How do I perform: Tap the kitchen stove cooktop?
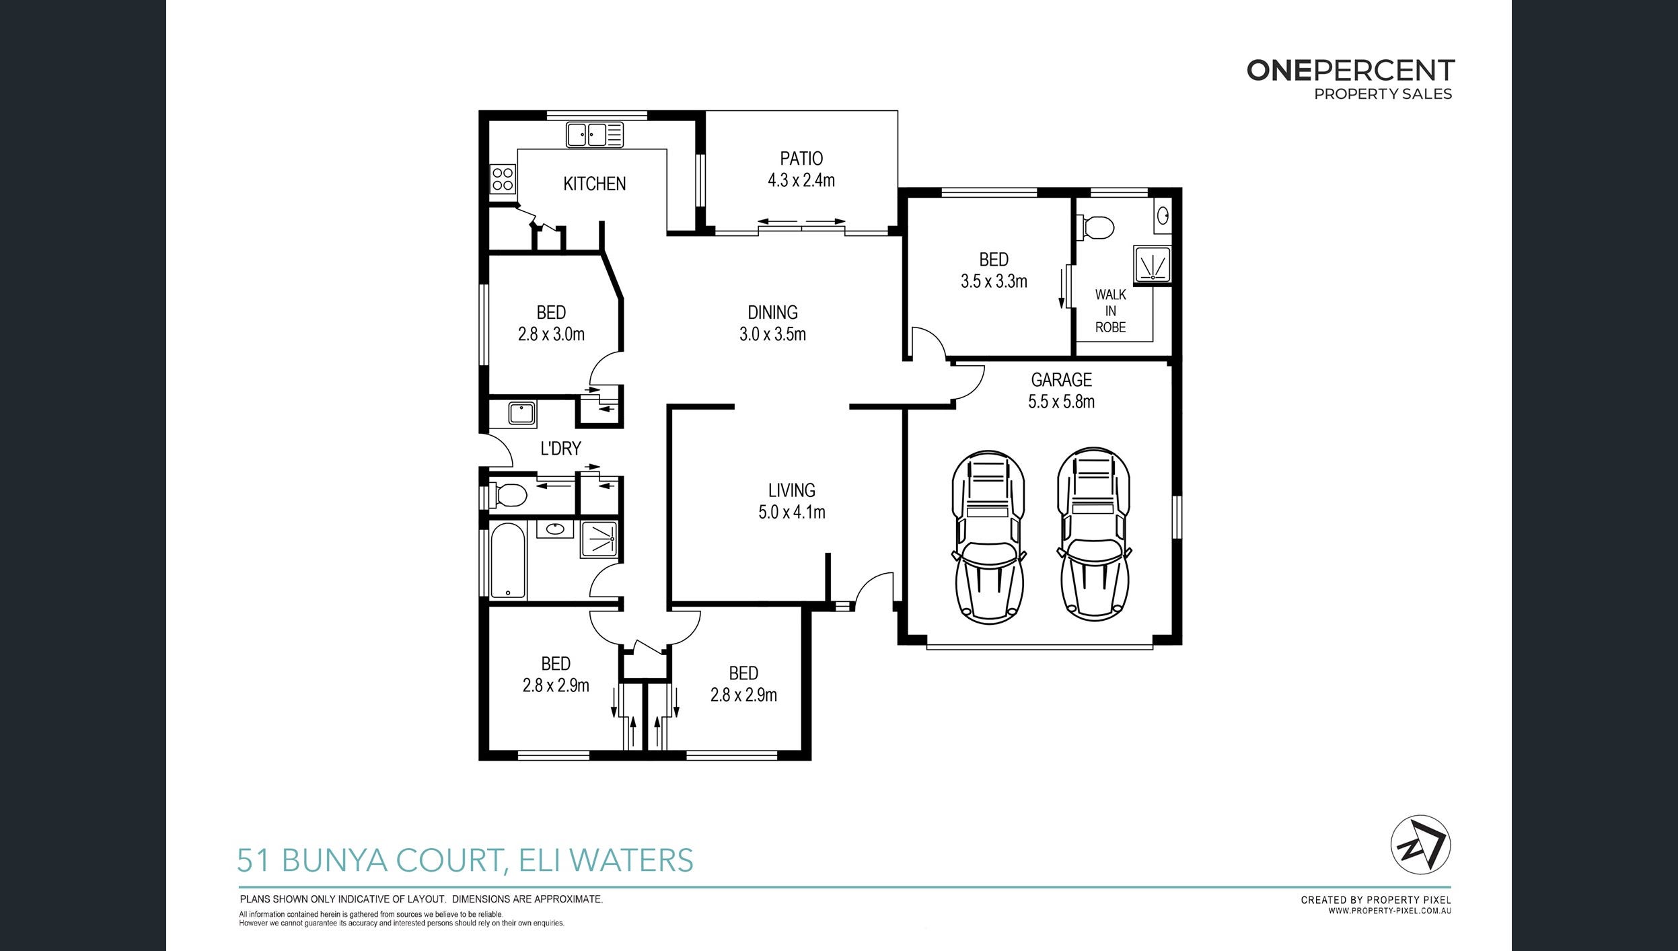click(503, 179)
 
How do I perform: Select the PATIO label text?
click(801, 159)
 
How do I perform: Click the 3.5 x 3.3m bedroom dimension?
click(994, 281)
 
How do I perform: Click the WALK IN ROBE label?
click(1110, 311)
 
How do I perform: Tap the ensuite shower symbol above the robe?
click(1153, 264)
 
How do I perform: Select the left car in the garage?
click(988, 536)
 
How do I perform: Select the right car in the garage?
click(1093, 533)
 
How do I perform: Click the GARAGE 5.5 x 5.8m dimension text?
click(1061, 402)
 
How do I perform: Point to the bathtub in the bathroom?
click(507, 560)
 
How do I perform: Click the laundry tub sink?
click(521, 412)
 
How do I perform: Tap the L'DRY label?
click(560, 449)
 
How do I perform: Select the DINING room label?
click(772, 313)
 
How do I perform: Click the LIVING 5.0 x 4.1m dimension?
click(791, 512)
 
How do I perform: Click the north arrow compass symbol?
click(1420, 845)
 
